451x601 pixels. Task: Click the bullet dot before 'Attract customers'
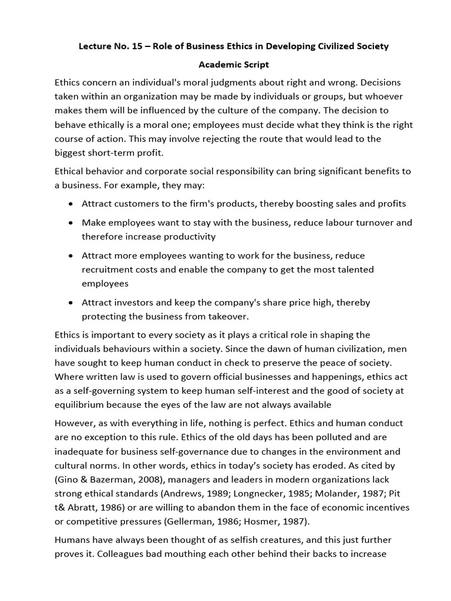point(71,204)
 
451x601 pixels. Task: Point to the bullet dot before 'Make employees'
point(71,224)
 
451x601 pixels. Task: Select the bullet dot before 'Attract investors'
point(71,303)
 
